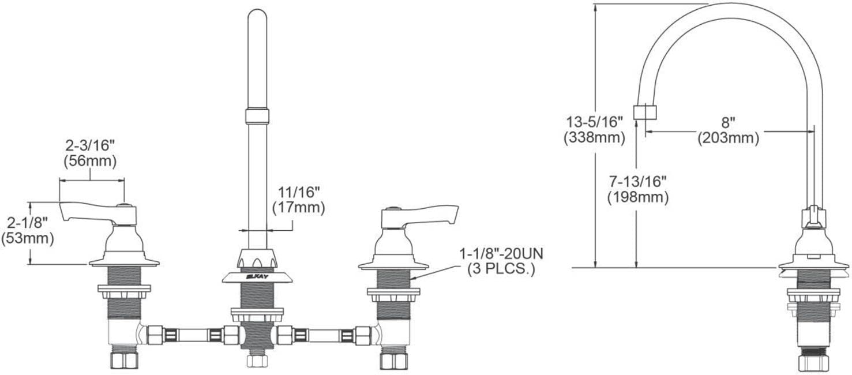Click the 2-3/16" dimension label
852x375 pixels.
(90, 145)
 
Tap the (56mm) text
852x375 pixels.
(90, 162)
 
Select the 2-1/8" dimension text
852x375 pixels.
(27, 223)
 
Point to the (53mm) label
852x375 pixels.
(27, 239)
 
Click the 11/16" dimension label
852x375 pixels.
(299, 193)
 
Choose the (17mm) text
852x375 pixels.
(299, 208)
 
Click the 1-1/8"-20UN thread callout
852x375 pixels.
(501, 254)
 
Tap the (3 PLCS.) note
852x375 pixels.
(501, 269)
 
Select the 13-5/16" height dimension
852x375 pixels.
(595, 122)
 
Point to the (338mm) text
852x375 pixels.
(595, 138)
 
